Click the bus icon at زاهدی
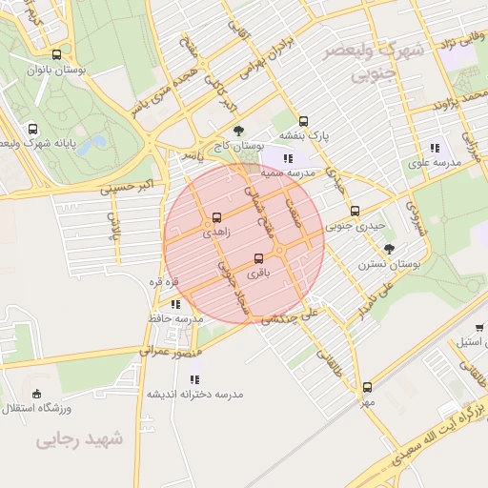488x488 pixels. pyautogui.click(x=217, y=217)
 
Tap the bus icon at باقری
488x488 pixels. pyautogui.click(x=259, y=258)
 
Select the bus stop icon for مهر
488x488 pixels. pyautogui.click(x=368, y=387)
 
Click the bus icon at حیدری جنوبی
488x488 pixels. pyautogui.click(x=355, y=212)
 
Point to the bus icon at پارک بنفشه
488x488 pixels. pyautogui.click(x=303, y=121)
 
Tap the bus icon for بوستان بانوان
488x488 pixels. pyautogui.click(x=57, y=55)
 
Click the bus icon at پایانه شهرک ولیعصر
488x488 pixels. pyautogui.click(x=33, y=129)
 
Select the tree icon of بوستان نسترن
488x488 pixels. pyautogui.click(x=389, y=248)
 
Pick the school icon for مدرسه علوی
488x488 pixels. pyautogui.click(x=436, y=148)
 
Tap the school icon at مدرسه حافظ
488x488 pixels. pyautogui.click(x=175, y=304)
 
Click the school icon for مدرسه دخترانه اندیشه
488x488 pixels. pyautogui.click(x=194, y=378)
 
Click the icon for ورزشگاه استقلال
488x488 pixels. pyautogui.click(x=37, y=394)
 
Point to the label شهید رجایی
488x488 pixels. pyautogui.click(x=80, y=439)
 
